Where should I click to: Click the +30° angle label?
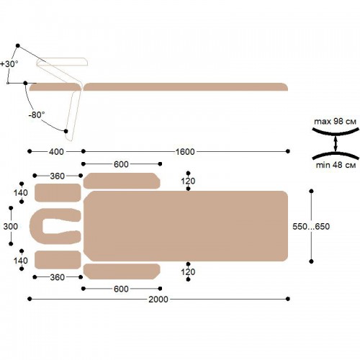point(9,64)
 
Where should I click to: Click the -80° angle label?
point(37,114)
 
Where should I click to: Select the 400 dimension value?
point(56,152)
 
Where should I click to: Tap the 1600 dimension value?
point(185,152)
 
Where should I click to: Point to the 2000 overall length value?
point(158,300)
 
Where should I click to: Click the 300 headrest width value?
point(11,226)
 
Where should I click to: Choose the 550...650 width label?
point(311,226)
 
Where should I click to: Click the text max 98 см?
point(336,122)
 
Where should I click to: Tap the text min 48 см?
point(336,165)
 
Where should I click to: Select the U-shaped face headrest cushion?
point(36,226)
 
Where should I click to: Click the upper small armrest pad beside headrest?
point(58,193)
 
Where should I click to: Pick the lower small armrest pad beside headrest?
point(58,260)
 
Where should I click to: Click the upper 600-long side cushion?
point(122,181)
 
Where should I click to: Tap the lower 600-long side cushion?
point(122,271)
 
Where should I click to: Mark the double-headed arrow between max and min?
point(336,143)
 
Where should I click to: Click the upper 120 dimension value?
point(188,181)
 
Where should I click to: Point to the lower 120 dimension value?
point(188,272)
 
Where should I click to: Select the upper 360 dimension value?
point(58,176)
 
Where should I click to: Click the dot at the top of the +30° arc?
point(18,45)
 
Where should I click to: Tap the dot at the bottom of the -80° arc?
point(66,131)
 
